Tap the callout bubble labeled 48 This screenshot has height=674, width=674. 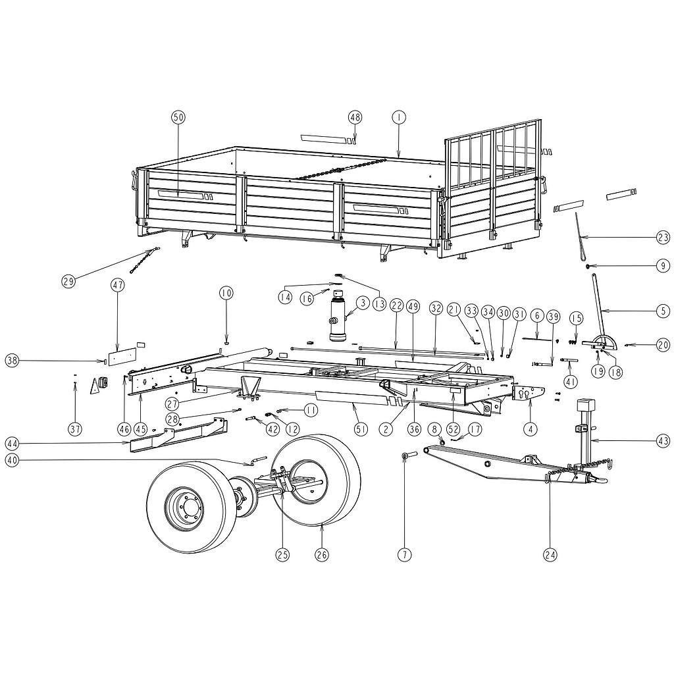point(355,117)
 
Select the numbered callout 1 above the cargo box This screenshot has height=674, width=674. point(398,117)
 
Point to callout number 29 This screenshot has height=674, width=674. point(68,282)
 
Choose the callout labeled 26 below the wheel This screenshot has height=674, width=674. point(321,554)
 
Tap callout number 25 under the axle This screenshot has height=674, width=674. point(282,554)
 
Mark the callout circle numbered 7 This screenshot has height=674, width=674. point(405,554)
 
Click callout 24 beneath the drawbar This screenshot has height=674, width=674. point(550,555)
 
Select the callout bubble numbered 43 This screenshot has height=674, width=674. point(663,441)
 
